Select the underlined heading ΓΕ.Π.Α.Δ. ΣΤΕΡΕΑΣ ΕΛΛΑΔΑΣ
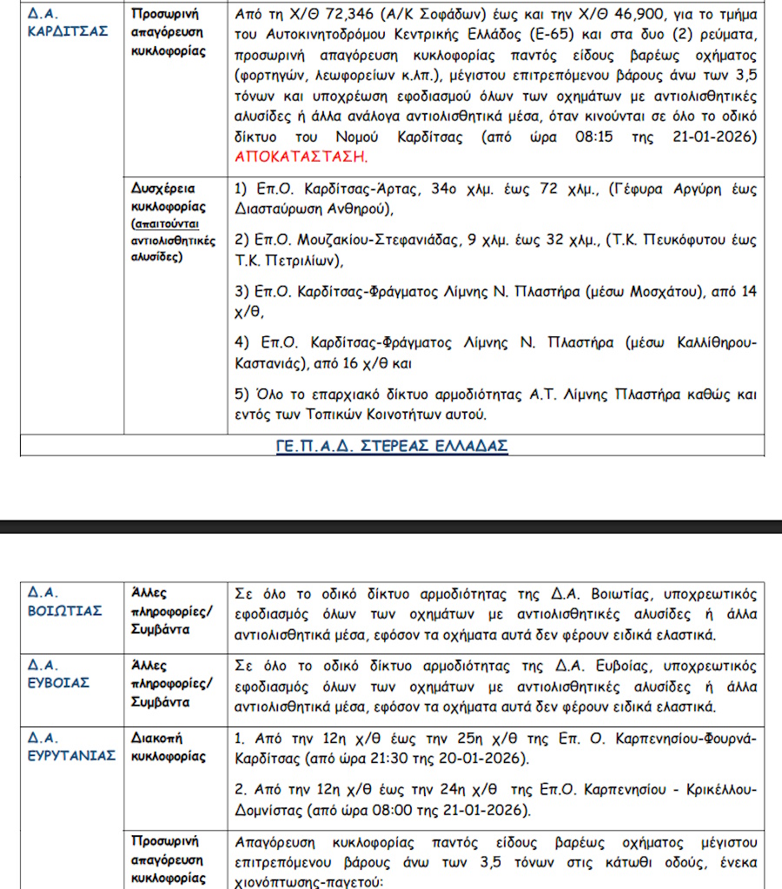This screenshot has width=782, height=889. pos(392,446)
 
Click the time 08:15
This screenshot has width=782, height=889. pos(600,137)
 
